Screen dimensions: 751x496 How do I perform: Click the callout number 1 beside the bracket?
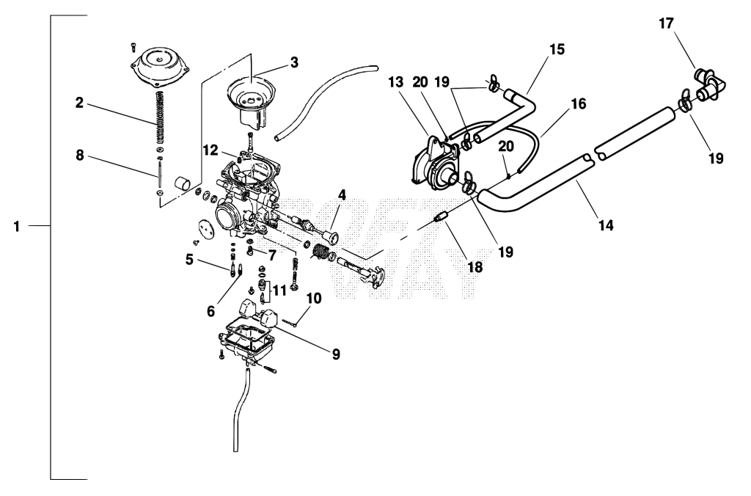click(x=18, y=226)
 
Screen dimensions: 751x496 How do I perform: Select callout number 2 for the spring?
click(x=79, y=102)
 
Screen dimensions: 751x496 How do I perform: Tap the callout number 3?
click(x=294, y=62)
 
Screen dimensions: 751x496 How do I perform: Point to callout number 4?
click(x=342, y=194)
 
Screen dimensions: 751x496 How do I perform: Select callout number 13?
click(x=396, y=82)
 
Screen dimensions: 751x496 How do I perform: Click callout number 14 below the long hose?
click(x=606, y=225)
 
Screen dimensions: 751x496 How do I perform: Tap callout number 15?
click(x=557, y=49)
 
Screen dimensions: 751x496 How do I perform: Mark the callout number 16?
click(x=579, y=103)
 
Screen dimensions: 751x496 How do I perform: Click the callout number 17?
click(x=666, y=23)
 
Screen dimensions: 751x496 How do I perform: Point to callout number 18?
click(x=475, y=266)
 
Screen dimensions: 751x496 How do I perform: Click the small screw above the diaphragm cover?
click(x=133, y=47)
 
